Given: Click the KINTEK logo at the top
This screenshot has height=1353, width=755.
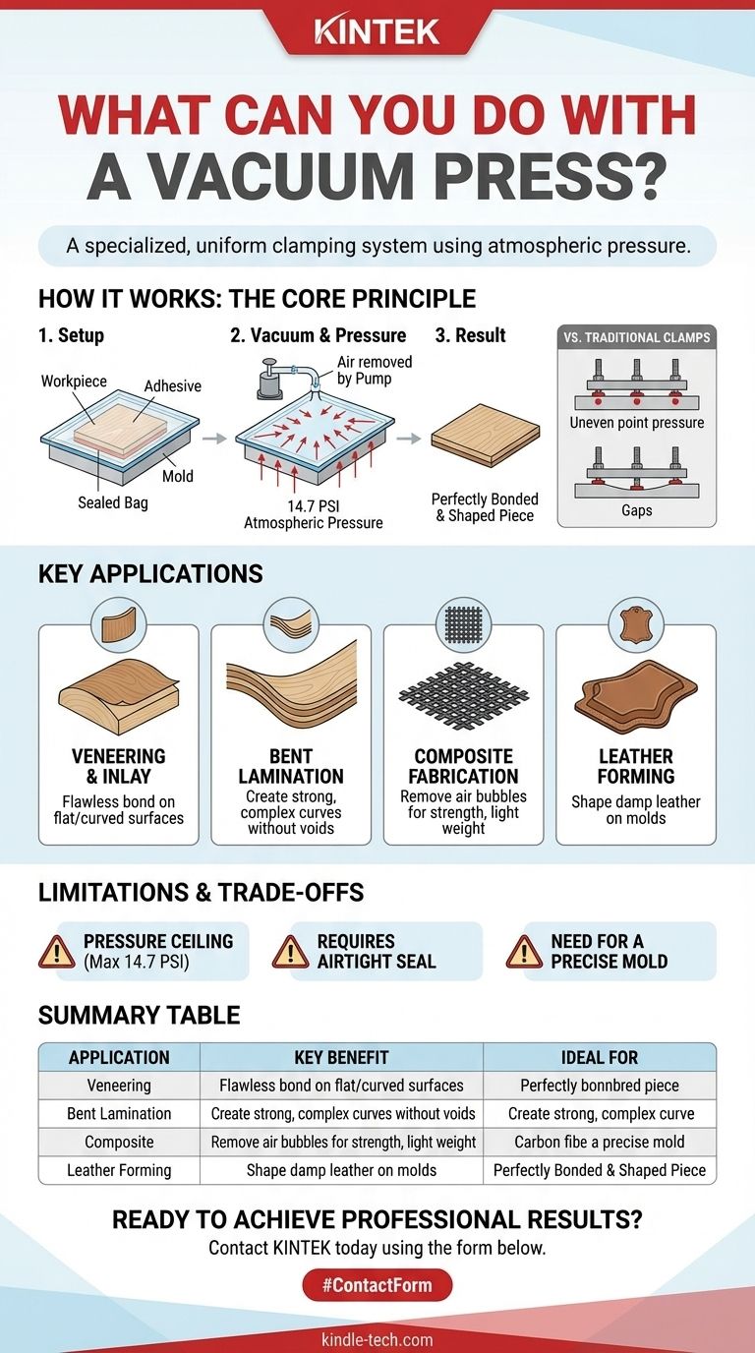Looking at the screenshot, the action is click(x=377, y=32).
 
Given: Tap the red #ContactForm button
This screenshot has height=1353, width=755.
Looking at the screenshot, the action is click(x=377, y=1285).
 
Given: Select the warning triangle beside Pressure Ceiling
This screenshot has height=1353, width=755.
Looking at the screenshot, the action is click(x=56, y=952).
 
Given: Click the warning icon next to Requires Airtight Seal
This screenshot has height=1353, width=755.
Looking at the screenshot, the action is click(x=291, y=952).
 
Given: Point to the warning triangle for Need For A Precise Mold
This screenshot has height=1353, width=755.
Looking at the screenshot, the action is click(x=524, y=952).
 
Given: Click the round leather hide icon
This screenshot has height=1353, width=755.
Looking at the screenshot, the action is click(x=636, y=624).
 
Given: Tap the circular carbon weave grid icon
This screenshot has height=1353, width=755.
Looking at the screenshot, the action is click(x=463, y=624).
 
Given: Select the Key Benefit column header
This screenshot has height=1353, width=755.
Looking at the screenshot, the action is click(x=341, y=1057).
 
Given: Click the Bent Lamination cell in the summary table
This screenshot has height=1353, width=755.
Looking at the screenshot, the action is click(x=119, y=1113).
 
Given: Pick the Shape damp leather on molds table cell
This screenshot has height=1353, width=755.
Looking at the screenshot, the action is click(x=341, y=1170).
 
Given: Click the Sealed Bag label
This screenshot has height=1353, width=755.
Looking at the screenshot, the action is click(x=113, y=502).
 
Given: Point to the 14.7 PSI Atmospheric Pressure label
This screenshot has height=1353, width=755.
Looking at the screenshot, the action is click(x=313, y=514).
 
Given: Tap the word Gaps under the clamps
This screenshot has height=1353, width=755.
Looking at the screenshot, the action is click(x=637, y=510).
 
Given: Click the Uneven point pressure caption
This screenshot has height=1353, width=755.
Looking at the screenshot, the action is click(x=637, y=422).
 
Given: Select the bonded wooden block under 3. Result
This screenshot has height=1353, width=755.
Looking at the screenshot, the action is click(x=485, y=435).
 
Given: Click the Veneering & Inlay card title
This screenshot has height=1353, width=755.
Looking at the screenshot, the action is click(x=118, y=766).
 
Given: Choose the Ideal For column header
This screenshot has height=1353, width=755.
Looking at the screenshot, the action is click(x=599, y=1057).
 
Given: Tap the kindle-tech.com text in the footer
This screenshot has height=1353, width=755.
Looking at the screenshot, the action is click(x=377, y=1339).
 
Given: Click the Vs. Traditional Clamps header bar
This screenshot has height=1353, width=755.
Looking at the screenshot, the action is click(x=637, y=337).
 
